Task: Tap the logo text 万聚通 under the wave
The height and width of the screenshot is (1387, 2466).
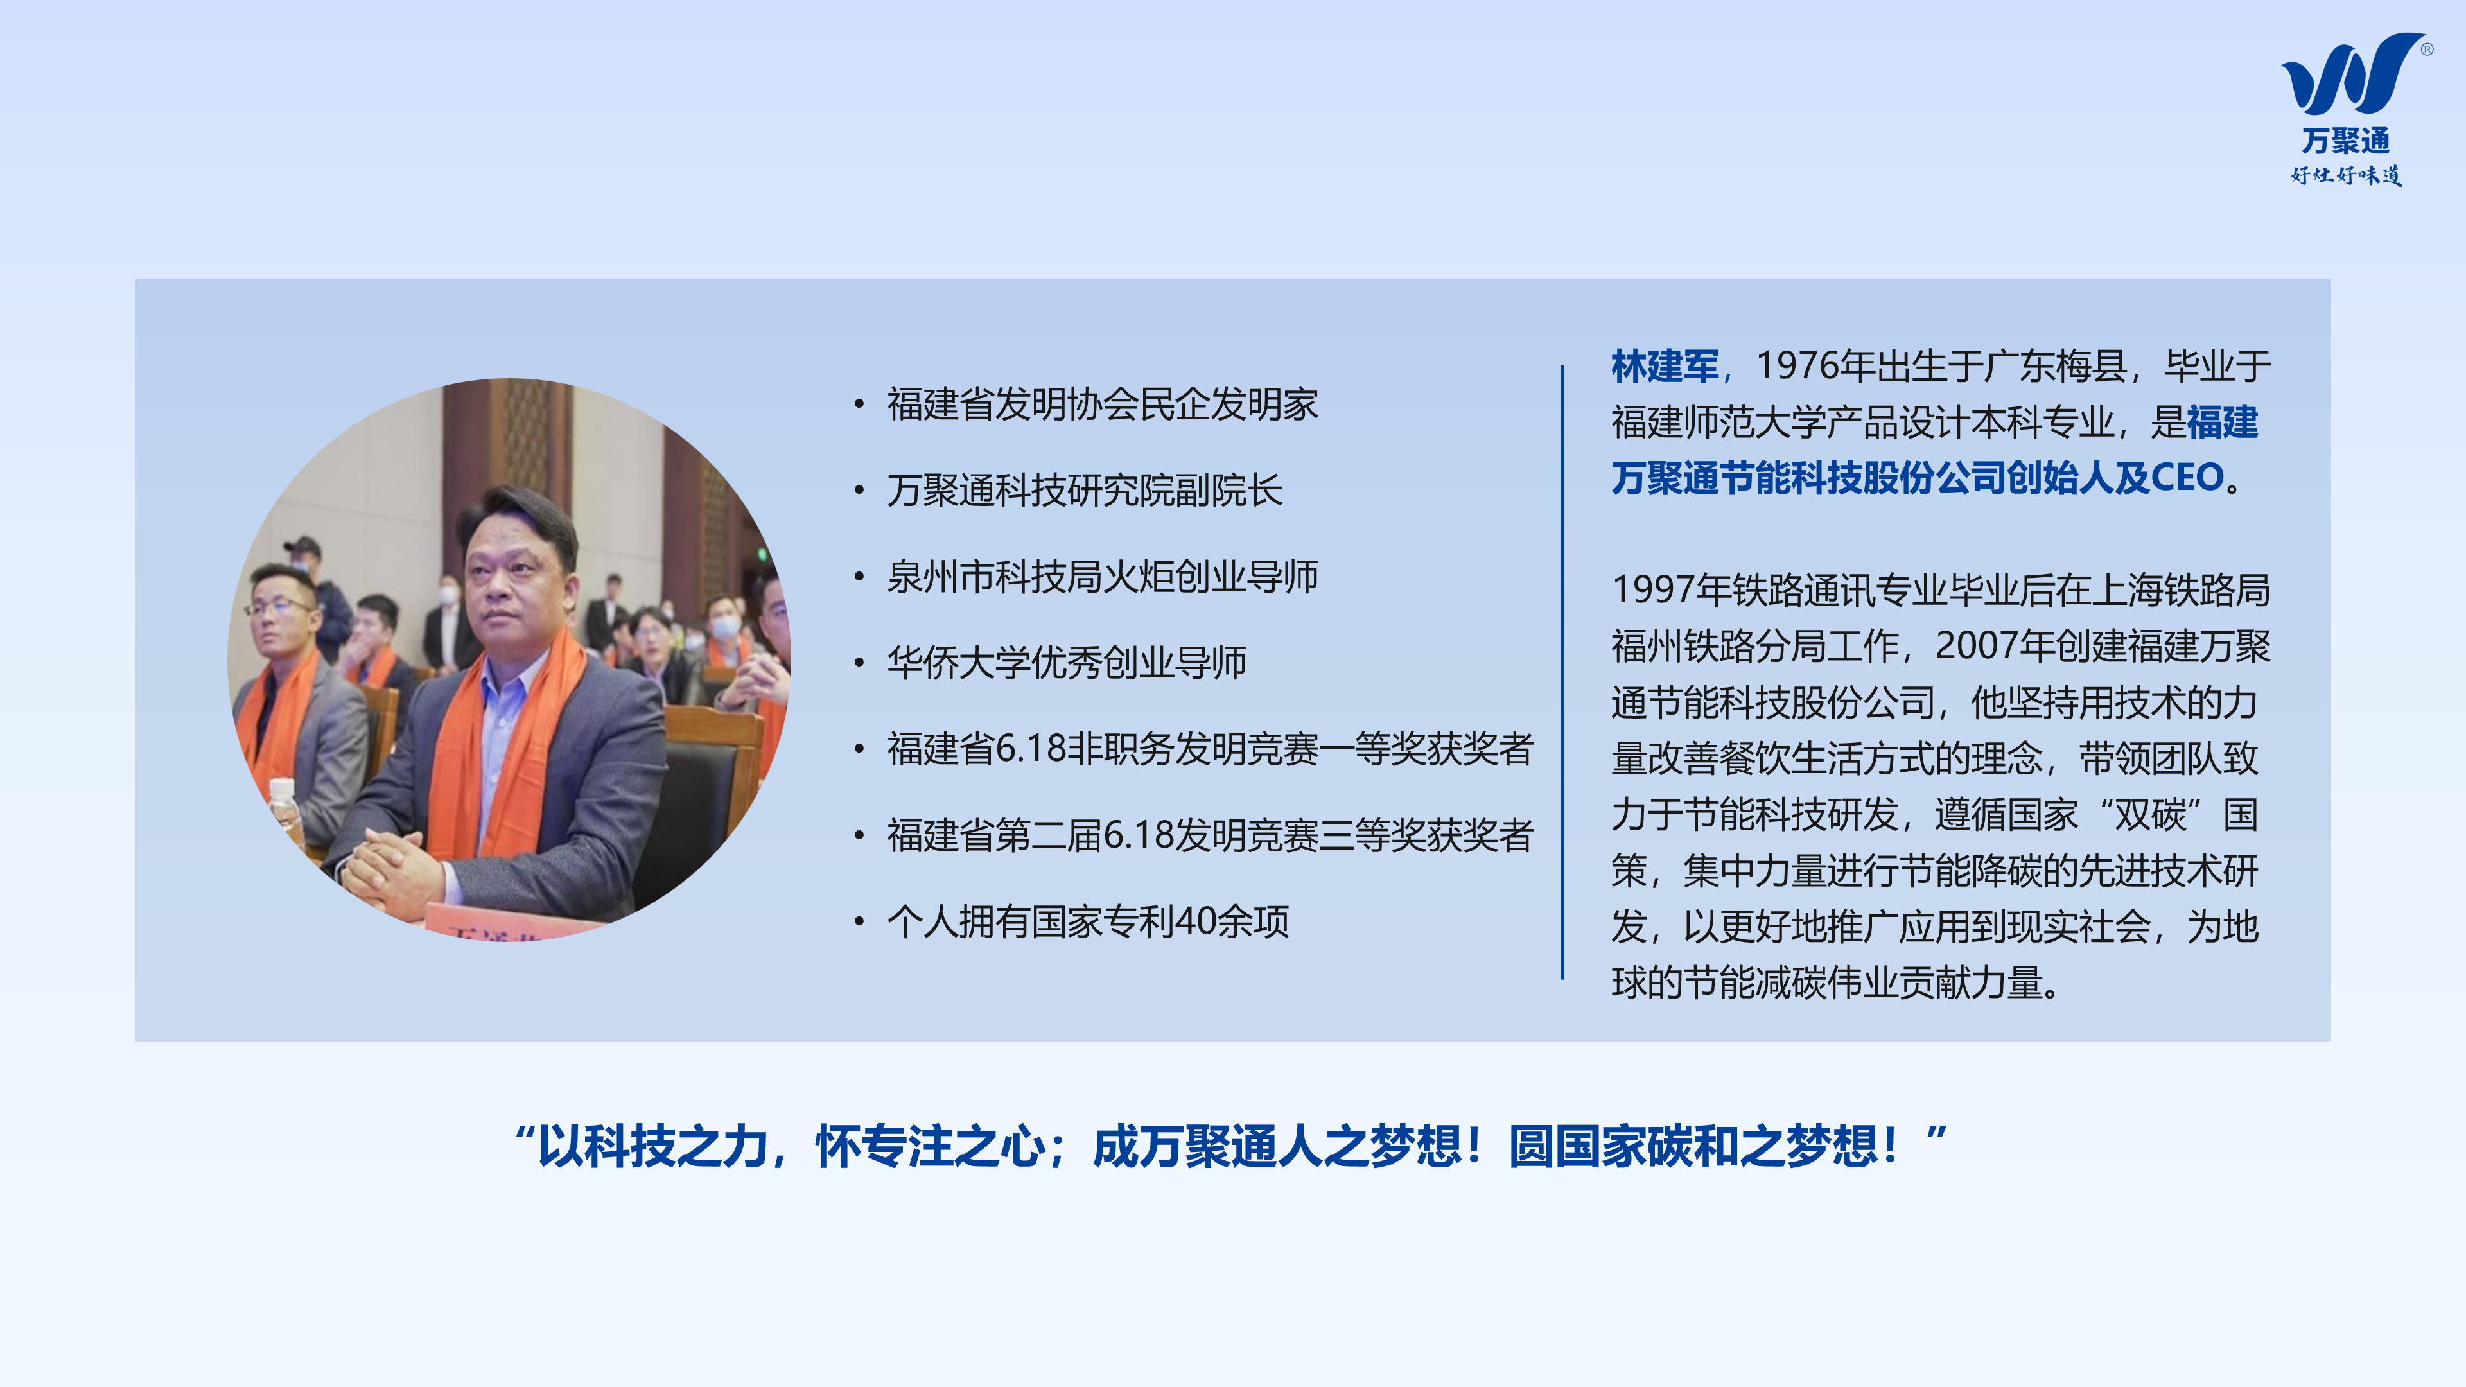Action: tap(2347, 141)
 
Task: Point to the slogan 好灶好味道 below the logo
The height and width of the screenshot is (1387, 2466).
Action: tap(2347, 175)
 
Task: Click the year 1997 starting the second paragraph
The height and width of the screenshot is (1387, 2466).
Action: tap(1653, 591)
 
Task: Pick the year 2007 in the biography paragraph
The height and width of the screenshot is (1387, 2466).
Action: tap(1976, 646)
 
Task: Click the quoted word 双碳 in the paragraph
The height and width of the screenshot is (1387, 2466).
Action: tap(2150, 815)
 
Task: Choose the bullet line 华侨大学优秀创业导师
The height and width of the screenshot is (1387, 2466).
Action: tap(1067, 663)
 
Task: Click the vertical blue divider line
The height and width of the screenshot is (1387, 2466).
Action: tap(1561, 672)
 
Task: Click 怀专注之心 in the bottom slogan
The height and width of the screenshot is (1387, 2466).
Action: tap(929, 1147)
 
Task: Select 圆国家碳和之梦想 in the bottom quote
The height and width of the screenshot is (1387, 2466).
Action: tap(1693, 1147)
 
